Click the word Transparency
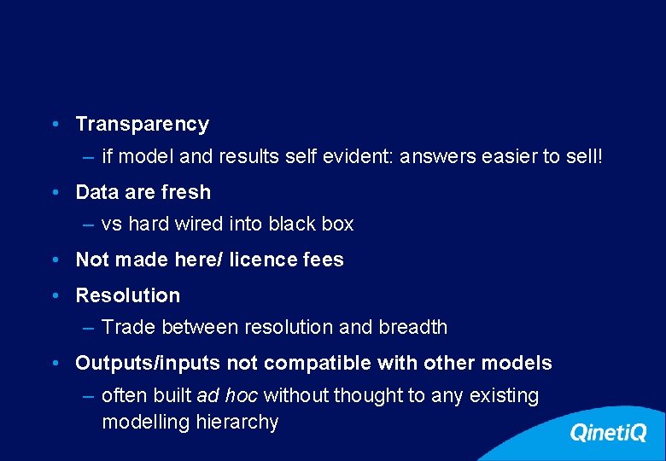142,125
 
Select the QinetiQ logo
608,433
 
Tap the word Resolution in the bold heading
128,295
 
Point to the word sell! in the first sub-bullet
582,157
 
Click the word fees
324,260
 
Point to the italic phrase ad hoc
228,396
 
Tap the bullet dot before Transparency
55,125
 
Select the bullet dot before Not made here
55,260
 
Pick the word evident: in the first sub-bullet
363,157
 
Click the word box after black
337,224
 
